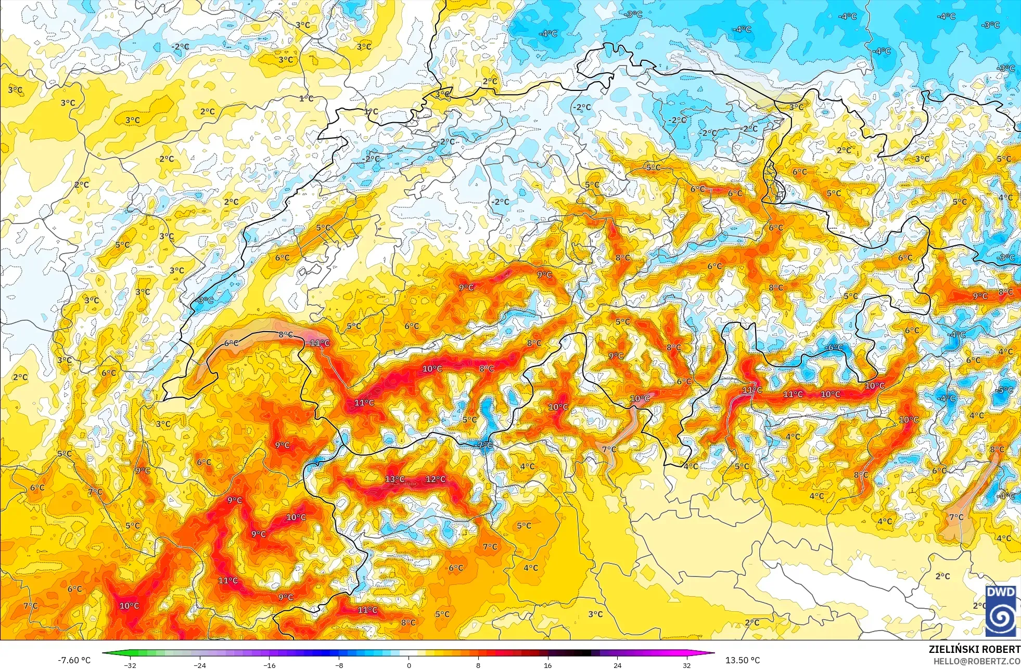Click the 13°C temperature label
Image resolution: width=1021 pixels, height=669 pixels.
[x=394, y=479]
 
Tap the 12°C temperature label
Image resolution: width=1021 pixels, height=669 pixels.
[x=436, y=479]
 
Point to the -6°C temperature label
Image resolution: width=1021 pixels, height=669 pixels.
[x=835, y=347]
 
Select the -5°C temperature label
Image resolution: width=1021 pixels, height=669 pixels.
[x=1004, y=390]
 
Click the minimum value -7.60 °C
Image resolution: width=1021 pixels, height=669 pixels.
[x=74, y=660]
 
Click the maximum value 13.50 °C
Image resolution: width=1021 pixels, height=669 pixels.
[x=743, y=660]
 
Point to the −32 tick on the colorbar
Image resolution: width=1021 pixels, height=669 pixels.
[x=130, y=665]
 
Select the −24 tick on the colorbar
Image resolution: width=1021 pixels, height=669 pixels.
[x=200, y=665]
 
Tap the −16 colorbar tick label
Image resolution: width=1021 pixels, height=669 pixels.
[x=270, y=665]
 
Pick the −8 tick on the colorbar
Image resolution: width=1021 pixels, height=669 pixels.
[x=339, y=665]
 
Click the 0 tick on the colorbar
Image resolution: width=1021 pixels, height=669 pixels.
[x=409, y=665]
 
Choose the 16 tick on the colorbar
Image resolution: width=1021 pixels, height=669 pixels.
[x=547, y=665]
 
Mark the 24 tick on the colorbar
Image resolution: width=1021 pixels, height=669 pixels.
[x=617, y=665]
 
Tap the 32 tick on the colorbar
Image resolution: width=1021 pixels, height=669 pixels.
[x=687, y=665]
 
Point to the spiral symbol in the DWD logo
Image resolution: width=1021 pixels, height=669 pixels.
[x=1000, y=618]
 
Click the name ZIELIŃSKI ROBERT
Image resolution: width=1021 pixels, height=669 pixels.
[x=974, y=649]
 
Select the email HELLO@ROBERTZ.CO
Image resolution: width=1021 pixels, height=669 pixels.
[x=976, y=661]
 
